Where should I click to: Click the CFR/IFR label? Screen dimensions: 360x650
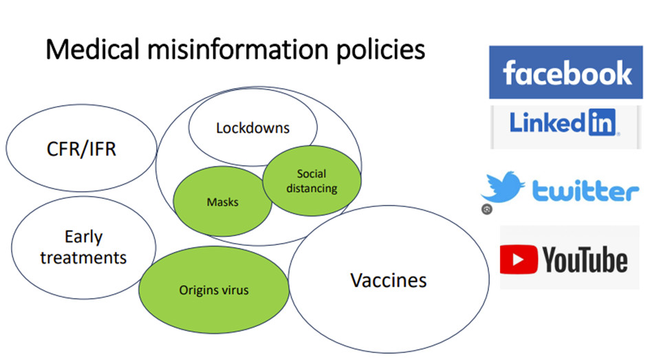coord(80,149)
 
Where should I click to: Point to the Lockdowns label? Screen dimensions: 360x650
coord(252,128)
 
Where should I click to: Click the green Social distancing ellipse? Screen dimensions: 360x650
coord(312,181)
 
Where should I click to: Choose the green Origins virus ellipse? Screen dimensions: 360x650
coord(214,290)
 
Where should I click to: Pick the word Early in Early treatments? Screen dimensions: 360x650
coord(83,237)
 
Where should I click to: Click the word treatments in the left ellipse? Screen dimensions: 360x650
coord(83,258)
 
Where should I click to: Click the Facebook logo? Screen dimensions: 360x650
coord(566,72)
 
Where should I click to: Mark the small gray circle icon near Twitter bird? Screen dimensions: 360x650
coord(486,209)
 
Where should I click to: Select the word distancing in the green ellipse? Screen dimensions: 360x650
coord(312,188)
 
